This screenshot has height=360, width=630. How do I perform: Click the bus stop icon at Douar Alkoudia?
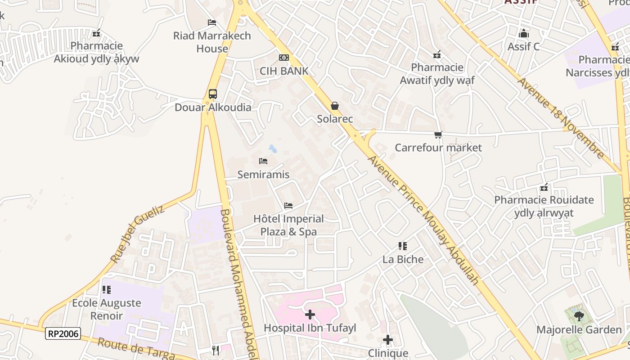(213, 94)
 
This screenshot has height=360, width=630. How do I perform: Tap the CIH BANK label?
(284, 71)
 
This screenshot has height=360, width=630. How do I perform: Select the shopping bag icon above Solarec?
(335, 106)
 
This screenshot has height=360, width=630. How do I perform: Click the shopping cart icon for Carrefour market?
(438, 135)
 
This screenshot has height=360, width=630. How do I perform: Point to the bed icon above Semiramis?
(263, 161)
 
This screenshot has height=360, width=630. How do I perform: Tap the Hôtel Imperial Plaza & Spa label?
(288, 225)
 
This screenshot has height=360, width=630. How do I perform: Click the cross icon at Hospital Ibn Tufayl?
(310, 315)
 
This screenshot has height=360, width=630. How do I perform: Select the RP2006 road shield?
(63, 333)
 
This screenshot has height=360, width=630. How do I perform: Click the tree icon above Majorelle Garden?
(579, 316)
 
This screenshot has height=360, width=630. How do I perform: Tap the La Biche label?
(403, 259)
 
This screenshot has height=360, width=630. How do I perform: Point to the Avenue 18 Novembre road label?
(560, 118)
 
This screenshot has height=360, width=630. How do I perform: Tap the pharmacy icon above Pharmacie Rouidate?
(544, 187)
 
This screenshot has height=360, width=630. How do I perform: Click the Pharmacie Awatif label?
(437, 74)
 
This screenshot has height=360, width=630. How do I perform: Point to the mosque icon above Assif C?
(523, 34)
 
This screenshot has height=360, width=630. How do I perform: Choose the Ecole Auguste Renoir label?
(107, 309)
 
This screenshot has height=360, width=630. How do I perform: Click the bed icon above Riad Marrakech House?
(212, 22)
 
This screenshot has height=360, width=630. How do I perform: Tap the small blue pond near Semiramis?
(273, 148)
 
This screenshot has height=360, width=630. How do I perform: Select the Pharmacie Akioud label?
(97, 52)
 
